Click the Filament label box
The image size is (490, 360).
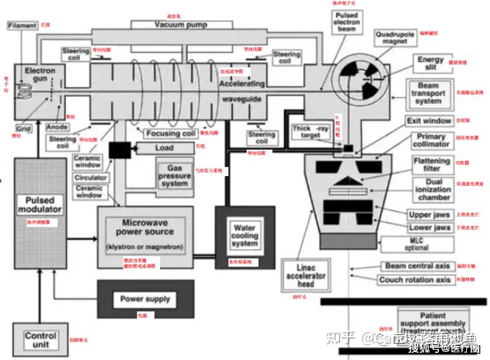point(23,26)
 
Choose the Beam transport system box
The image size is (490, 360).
point(428,94)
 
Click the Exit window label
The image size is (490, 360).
point(429,121)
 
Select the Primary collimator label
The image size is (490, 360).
point(431,141)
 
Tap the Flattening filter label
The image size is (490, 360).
point(431,165)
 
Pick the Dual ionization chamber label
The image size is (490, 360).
point(433,190)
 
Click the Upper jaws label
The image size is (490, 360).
point(429,215)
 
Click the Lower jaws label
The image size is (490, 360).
point(429,228)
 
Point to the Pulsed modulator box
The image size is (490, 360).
point(40,205)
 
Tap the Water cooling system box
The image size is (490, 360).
point(244,235)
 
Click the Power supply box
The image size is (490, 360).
point(145,299)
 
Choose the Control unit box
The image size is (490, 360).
point(41,339)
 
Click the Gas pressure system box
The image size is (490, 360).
point(175,175)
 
